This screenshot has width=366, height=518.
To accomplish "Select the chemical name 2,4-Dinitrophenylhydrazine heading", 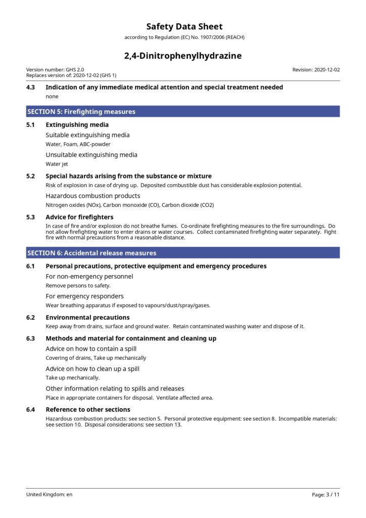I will (183, 56).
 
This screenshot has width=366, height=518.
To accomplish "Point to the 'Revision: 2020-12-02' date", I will (316, 70).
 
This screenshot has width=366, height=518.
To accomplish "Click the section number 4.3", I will (31, 88).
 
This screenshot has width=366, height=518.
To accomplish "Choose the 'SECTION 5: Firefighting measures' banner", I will (183, 111).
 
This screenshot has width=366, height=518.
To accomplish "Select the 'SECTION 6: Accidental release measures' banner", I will (183, 253).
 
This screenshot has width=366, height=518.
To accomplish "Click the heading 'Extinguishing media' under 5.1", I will (77, 125).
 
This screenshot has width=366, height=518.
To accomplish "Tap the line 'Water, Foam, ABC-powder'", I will (78, 144).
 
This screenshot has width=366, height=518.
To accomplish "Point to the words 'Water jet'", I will (57, 164).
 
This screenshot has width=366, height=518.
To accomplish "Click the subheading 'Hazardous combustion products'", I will (93, 196).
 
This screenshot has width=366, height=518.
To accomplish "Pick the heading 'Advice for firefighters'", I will (79, 217).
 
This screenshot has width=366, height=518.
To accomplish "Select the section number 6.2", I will (31, 318).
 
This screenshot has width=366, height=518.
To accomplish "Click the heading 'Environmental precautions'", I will (87, 318).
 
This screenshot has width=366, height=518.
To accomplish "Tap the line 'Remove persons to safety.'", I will (78, 286).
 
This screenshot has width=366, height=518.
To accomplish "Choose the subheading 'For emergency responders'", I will (84, 296).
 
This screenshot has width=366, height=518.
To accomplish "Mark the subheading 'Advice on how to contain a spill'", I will (91, 349).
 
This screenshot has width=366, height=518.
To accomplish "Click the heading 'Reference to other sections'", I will (87, 410).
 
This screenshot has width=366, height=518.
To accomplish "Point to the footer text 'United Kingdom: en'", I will (50, 495).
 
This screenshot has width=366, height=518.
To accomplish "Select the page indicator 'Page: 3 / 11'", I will (326, 495).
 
